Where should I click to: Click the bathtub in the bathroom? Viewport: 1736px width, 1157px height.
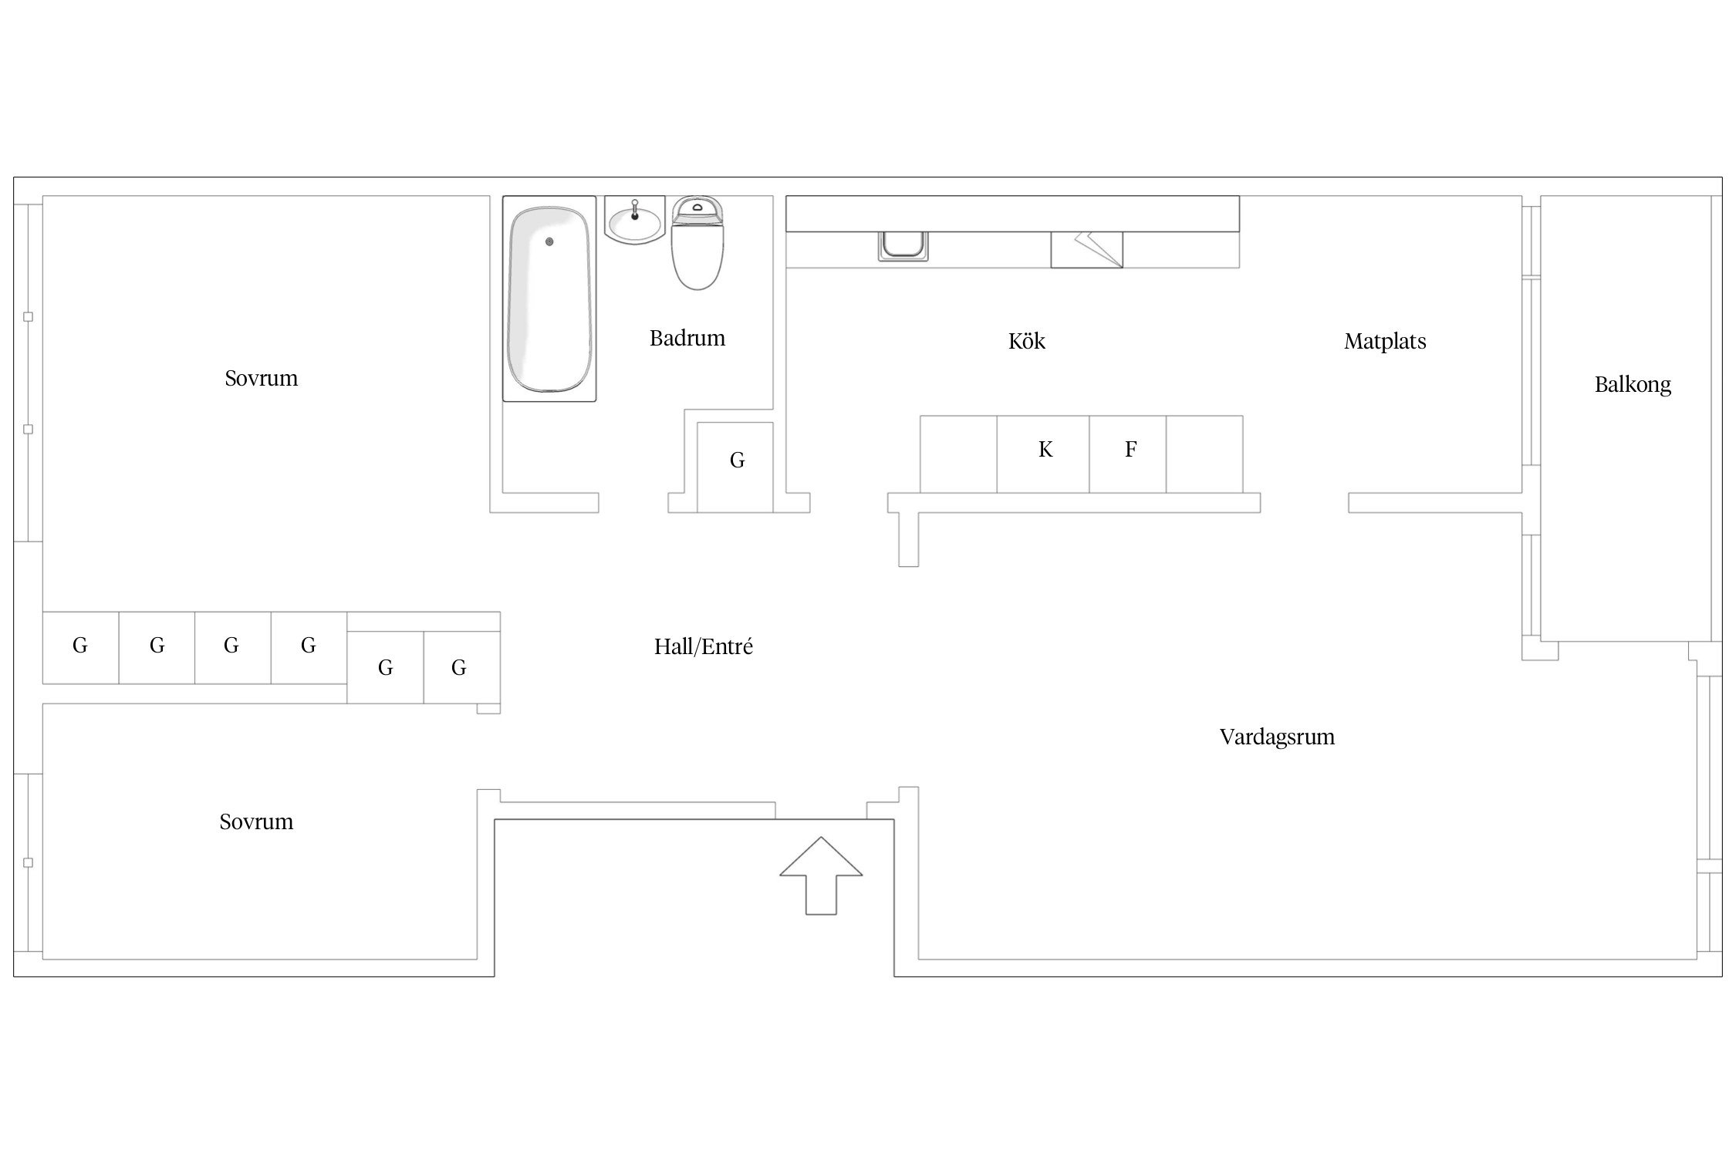(549, 299)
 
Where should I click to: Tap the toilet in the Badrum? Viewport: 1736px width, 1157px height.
(697, 242)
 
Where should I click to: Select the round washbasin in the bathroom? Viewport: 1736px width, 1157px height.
(635, 221)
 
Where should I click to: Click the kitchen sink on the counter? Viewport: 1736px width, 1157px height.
(903, 246)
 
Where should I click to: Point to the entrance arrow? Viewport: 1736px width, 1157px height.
(821, 875)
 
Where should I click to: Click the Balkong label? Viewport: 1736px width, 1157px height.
(1633, 385)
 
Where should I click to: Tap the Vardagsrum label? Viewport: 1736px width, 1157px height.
(1277, 737)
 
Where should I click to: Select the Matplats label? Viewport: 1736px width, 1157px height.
(1385, 342)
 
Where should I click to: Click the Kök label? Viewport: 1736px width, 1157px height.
(1026, 342)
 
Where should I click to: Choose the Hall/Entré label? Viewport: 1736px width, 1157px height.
(703, 646)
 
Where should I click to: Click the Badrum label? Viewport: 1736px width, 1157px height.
(687, 339)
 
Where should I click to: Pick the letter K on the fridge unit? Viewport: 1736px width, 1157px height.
(1045, 449)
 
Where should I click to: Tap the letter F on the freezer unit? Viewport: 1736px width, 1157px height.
(1130, 449)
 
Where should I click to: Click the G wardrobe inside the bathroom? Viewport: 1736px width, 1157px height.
(735, 467)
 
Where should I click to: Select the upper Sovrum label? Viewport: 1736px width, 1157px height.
(261, 379)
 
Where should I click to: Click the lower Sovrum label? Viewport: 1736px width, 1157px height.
(256, 822)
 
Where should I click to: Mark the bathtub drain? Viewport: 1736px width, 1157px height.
(549, 241)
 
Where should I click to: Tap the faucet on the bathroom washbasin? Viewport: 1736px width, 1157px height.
(635, 208)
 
